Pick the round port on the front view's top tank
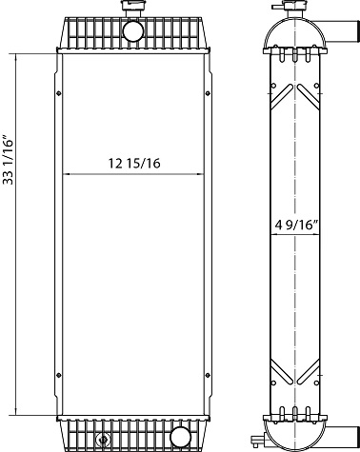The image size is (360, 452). click(x=132, y=31)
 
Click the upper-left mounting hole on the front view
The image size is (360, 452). click(x=59, y=93)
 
